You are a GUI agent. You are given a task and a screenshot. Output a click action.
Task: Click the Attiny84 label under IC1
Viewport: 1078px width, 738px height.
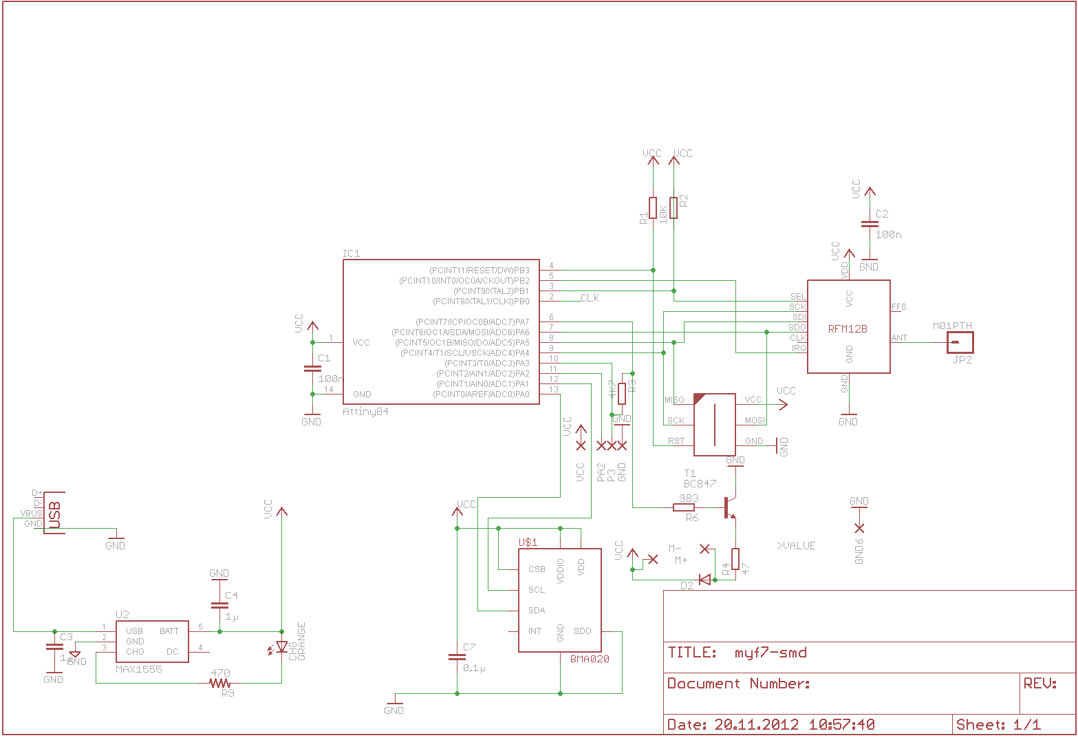click(x=365, y=412)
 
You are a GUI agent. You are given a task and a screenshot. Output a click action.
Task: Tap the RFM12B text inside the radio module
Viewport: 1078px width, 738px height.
click(x=848, y=329)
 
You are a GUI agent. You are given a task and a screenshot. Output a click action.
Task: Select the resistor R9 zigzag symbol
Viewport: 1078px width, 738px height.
click(x=219, y=683)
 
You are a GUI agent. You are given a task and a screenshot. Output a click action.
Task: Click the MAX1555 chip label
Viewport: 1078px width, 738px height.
click(x=138, y=669)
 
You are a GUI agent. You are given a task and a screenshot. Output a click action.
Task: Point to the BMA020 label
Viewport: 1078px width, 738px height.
click(x=590, y=659)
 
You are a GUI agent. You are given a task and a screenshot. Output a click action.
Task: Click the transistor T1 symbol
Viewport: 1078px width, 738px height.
click(x=729, y=508)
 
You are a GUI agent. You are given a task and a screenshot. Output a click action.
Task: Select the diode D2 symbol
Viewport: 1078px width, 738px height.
click(x=704, y=580)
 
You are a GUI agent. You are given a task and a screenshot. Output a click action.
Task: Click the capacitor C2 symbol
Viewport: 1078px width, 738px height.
click(x=869, y=224)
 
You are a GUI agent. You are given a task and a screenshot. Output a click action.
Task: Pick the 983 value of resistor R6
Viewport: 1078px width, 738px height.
click(x=689, y=498)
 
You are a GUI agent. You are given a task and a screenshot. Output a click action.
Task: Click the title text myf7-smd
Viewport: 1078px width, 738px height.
click(x=770, y=653)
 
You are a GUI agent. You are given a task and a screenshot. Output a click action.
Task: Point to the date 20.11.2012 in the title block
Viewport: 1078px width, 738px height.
click(x=757, y=724)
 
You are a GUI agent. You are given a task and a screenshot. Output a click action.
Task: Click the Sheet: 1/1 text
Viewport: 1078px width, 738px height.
click(x=998, y=724)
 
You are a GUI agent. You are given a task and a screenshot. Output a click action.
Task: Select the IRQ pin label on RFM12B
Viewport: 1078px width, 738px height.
click(x=799, y=348)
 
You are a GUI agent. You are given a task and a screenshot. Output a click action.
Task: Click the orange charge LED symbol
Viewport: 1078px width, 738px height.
click(x=281, y=647)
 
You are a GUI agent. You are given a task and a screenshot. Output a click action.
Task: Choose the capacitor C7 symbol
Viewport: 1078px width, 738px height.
click(x=457, y=657)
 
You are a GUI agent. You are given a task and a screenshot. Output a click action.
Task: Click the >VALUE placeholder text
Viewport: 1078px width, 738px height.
click(x=796, y=546)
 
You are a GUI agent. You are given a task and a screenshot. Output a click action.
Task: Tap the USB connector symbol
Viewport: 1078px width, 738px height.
click(x=54, y=514)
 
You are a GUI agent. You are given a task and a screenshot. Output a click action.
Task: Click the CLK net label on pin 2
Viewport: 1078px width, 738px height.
click(x=590, y=298)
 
